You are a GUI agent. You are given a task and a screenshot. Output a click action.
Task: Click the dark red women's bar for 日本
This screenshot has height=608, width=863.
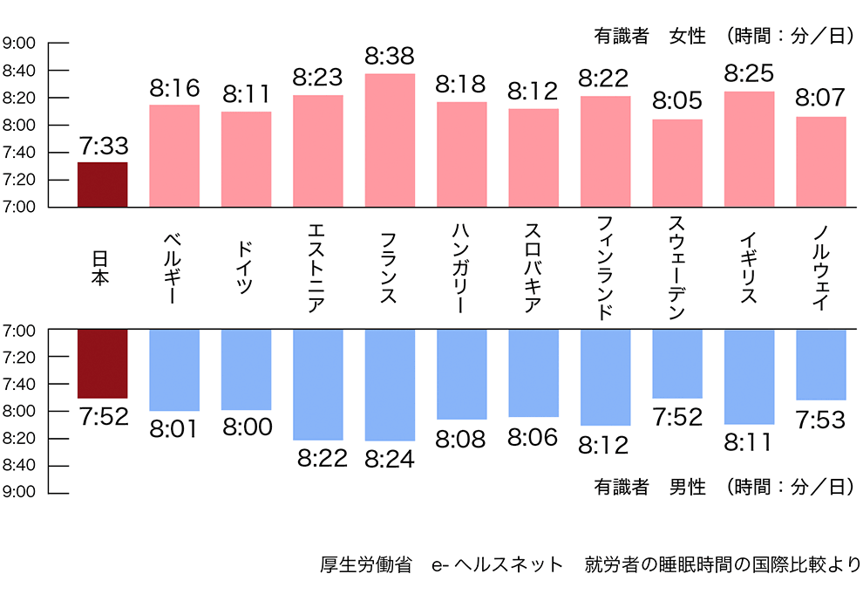(x=103, y=185)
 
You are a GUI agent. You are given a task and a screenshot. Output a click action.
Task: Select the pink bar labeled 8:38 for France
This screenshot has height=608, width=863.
(x=390, y=140)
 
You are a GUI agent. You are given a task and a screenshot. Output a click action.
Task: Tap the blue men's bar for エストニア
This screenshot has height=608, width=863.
(x=317, y=384)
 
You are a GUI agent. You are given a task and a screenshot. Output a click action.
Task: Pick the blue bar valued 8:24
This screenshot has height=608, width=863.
(x=390, y=385)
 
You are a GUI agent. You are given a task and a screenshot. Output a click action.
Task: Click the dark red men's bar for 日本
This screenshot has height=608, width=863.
(x=103, y=363)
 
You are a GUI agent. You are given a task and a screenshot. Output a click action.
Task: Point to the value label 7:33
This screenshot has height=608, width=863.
(x=103, y=145)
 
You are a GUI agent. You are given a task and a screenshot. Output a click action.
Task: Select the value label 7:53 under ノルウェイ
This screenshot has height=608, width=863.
(x=820, y=420)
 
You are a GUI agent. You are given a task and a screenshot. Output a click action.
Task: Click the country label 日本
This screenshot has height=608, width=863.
(x=102, y=268)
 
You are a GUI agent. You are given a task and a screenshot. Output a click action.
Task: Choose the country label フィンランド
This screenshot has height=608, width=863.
(x=605, y=268)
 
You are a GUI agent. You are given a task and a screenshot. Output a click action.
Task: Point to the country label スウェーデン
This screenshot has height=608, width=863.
(x=677, y=268)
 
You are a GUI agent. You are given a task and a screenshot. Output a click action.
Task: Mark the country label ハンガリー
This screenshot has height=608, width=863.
(x=461, y=268)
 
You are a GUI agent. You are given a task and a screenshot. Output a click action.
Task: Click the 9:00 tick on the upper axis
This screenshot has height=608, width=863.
(x=18, y=43)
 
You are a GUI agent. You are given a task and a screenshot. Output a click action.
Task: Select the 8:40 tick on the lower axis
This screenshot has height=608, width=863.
(x=18, y=465)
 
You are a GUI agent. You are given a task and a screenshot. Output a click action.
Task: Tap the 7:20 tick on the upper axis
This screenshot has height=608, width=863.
(x=18, y=180)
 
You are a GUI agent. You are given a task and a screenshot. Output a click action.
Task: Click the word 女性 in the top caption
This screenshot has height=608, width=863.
(x=687, y=37)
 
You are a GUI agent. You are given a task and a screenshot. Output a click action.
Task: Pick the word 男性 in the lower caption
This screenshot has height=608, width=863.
(x=687, y=487)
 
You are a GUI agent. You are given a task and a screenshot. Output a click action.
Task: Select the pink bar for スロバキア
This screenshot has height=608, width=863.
(x=533, y=158)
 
